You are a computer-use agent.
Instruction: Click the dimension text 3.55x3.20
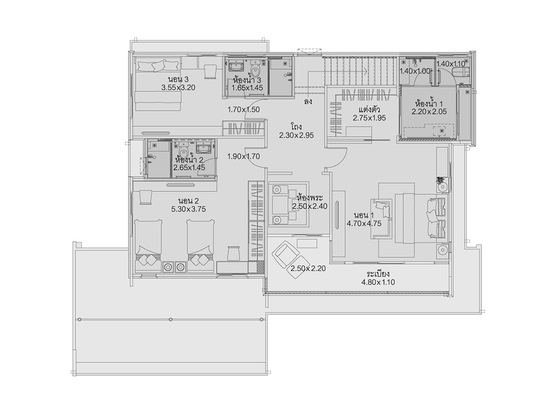click(178, 87)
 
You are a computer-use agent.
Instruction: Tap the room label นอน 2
click(188, 201)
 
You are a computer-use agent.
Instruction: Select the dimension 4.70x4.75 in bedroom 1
click(364, 224)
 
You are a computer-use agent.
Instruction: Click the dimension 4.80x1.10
click(378, 282)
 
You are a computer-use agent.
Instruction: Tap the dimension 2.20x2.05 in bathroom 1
click(429, 112)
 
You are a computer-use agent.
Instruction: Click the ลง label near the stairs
click(307, 102)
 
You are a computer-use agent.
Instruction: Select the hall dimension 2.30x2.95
click(296, 135)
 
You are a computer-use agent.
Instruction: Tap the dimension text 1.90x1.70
click(244, 156)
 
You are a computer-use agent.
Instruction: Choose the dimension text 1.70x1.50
click(244, 110)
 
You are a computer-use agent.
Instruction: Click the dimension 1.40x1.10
click(451, 64)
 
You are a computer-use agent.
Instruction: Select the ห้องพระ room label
click(311, 198)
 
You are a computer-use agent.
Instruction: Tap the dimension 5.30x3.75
click(188, 209)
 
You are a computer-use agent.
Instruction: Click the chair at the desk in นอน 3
click(210, 71)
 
